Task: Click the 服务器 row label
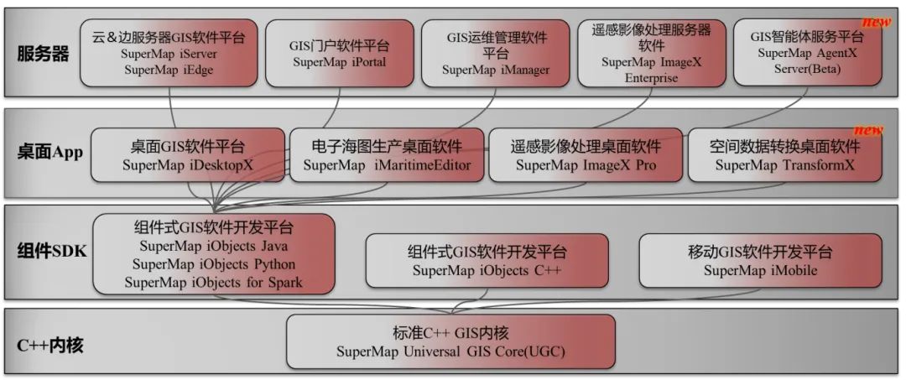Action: (x=43, y=55)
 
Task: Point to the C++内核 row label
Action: (x=50, y=344)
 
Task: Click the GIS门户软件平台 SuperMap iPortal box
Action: (x=339, y=54)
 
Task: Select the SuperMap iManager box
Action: (x=496, y=54)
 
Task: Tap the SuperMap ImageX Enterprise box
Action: (x=650, y=54)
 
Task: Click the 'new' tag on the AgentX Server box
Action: (x=876, y=23)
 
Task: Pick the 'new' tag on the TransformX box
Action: (x=868, y=130)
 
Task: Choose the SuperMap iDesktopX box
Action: (x=187, y=155)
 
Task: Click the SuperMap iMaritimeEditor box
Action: (x=387, y=155)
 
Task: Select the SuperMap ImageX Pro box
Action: (x=586, y=155)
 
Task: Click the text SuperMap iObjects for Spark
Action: (x=213, y=283)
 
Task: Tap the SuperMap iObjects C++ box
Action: (x=486, y=261)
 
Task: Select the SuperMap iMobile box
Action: (x=760, y=261)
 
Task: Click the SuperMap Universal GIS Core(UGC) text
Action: (x=450, y=351)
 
